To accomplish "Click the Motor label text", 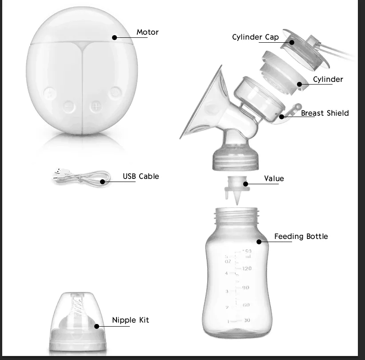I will (147, 32).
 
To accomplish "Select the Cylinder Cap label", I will (256, 37).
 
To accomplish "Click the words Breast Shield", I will (325, 113).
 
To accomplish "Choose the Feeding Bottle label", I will (301, 236).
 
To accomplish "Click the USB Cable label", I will (140, 176).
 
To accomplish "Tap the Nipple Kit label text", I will (130, 320).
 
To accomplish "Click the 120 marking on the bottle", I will (246, 268).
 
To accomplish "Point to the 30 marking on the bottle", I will (246, 320).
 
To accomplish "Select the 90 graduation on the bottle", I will (245, 288).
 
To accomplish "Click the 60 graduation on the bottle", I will (245, 305).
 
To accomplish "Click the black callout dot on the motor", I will (115, 38).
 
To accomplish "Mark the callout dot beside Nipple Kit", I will (97, 326).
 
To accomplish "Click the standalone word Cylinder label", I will (328, 79).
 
